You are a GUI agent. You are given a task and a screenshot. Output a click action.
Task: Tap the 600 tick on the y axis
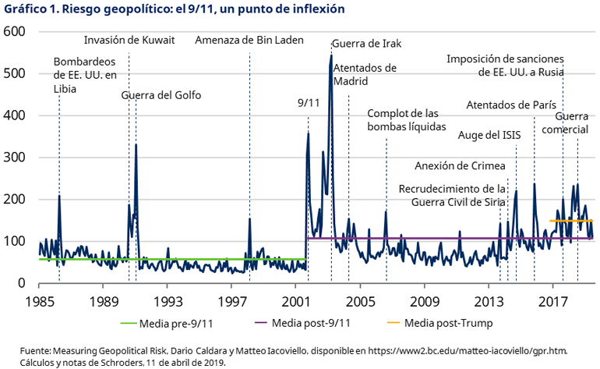tap(16, 31)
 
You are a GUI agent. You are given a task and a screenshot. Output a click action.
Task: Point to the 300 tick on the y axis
tap(16, 157)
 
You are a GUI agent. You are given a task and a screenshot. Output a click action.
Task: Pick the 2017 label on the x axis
tap(554, 300)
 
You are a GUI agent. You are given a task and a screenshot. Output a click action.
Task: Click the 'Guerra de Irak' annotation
tap(366, 44)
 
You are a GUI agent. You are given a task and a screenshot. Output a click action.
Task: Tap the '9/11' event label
tap(309, 103)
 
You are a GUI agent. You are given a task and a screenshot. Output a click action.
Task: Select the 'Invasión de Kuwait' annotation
tap(129, 41)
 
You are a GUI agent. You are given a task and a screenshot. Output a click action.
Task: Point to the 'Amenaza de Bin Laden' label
tap(249, 41)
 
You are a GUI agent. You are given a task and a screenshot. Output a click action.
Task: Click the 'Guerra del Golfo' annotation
tap(161, 95)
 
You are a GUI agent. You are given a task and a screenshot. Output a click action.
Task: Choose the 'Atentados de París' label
tap(510, 105)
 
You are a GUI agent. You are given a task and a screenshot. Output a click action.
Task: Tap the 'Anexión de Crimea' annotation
tap(460, 165)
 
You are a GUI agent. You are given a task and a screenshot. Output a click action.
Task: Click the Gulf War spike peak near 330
tap(136, 144)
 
